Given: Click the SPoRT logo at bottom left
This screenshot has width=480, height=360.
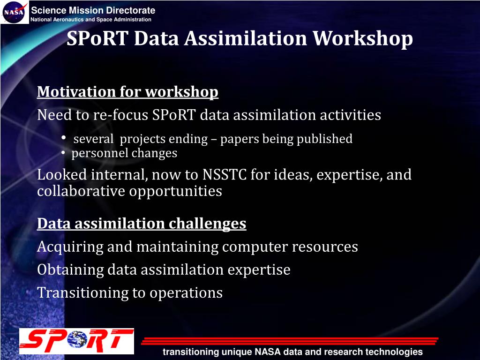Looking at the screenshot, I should pos(76,341).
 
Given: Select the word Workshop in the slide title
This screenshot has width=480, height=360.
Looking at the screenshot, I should pos(363,38).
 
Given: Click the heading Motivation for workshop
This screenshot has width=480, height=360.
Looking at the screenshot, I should pos(127,92).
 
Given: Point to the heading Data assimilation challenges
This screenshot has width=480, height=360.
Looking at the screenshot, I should pos(142,224).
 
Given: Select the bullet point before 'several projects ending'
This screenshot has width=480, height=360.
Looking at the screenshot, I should pos(64,138).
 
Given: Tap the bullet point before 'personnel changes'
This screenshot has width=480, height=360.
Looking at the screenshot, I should pos(63,153).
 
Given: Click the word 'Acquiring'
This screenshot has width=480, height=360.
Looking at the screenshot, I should pos(70,247).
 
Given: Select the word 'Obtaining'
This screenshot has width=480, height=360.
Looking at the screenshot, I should pos(70,270).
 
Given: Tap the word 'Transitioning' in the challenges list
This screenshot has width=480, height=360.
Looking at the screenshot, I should pos(82,293).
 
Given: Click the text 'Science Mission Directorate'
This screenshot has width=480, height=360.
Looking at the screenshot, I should pos(93,10).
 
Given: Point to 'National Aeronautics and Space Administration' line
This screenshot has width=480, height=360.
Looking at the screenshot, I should pos(91,20).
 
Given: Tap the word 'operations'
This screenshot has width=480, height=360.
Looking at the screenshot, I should pos(186,293).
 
